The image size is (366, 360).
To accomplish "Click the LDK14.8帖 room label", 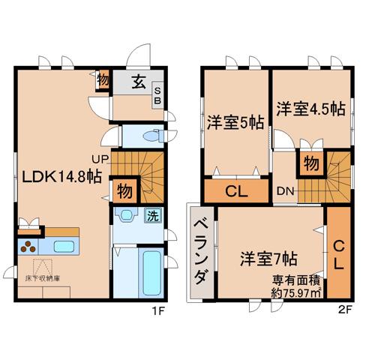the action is tap(61, 177).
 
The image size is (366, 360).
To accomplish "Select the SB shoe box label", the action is tap(157, 95).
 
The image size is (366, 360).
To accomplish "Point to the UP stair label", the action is tap(100, 159).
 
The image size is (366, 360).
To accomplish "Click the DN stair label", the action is tap(285, 191).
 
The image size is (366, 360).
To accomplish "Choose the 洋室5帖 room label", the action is tap(235, 122).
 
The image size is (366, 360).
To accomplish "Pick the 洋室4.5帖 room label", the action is tap(311, 109).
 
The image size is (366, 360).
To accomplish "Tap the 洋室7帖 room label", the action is tap(268, 259).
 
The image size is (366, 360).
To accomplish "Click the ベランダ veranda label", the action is tap(202, 252).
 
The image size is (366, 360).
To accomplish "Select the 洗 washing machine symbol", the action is tap(153, 216).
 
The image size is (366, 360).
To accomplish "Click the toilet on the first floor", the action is tap(153, 136).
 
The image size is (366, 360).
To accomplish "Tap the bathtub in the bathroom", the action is tap(151, 273).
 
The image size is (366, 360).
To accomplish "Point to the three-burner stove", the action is tap(28, 246).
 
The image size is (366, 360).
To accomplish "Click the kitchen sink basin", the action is tap(64, 247).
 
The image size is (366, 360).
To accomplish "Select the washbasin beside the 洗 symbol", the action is tap(127, 214).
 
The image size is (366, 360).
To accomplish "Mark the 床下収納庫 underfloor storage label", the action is tap(43, 278).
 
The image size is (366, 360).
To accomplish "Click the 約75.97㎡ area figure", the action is tap(296, 293).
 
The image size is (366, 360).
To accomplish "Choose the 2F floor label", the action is tap(346, 310).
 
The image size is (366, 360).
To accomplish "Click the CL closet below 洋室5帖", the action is tap(236, 190).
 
